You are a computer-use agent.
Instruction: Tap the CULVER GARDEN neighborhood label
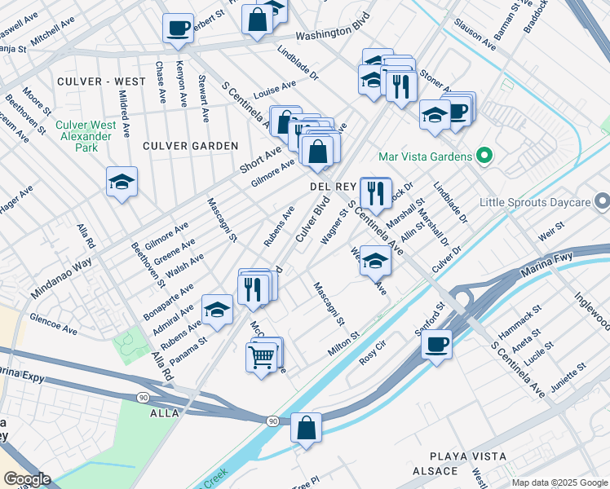click(190, 146)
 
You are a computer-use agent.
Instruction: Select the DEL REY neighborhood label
click(330, 187)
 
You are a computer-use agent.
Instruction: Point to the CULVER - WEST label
click(91, 82)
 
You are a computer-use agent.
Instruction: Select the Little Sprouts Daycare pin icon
click(602, 200)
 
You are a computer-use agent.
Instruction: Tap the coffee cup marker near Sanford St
click(436, 343)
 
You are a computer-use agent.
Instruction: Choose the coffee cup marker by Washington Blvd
click(177, 28)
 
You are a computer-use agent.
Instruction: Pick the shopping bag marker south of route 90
click(306, 428)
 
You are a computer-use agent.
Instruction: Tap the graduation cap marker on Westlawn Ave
click(374, 261)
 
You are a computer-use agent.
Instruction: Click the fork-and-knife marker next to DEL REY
click(374, 192)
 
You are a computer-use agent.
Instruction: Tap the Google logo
click(27, 479)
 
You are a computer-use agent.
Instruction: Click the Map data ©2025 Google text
click(559, 482)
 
